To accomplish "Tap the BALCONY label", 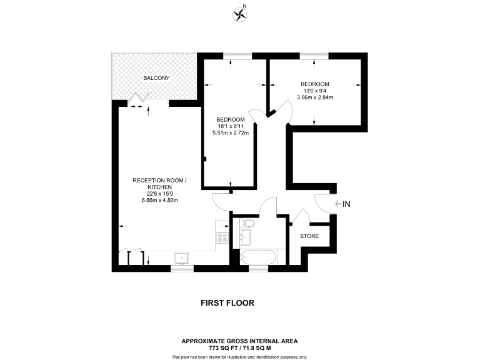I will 156,78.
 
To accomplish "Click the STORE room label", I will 309,236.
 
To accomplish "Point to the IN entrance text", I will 347,204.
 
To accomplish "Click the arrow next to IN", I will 338,204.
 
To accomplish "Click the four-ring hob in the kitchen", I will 222,237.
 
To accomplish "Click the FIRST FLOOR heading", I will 227,303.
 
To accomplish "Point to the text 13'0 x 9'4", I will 314,91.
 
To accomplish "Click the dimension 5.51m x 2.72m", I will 231,132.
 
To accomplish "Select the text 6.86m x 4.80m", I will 158,200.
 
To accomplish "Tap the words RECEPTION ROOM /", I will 159,181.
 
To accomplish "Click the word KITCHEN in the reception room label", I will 159,187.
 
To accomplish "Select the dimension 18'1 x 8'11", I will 231,126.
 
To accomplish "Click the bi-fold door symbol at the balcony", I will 141,97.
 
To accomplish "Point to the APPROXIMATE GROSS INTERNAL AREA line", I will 239,340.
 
